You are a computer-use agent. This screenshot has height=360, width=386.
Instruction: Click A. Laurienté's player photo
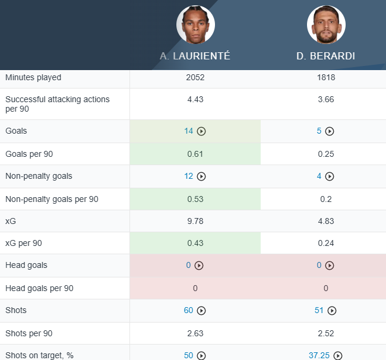[195, 25]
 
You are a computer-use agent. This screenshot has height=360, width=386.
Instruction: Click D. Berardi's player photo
[326, 25]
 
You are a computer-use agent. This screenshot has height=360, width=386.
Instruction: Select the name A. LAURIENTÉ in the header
[195, 56]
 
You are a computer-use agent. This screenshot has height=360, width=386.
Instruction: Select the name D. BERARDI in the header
[325, 56]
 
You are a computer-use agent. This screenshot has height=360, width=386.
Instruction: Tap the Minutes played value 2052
[195, 78]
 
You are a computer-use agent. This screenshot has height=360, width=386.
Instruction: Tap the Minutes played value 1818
[325, 78]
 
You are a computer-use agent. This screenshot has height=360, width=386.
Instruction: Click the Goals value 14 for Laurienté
[189, 131]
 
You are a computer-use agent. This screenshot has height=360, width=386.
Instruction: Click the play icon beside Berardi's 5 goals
[330, 131]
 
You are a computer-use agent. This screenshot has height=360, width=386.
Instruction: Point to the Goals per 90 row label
[29, 154]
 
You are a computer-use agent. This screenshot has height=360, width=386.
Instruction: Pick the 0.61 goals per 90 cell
[195, 154]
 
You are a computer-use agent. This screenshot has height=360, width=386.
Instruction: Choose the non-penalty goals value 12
[189, 176]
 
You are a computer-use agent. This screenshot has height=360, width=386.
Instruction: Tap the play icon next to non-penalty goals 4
[330, 176]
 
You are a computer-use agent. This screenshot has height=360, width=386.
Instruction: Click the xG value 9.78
[195, 221]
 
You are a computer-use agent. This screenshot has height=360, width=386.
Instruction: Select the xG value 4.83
[325, 221]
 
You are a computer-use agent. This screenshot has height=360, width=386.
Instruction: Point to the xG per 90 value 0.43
[195, 243]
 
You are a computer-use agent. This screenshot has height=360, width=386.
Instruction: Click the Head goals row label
[26, 266]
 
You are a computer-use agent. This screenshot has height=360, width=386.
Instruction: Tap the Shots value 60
[189, 310]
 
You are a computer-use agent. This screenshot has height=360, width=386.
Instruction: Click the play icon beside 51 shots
[332, 310]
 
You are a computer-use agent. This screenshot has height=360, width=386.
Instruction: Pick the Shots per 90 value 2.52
[325, 333]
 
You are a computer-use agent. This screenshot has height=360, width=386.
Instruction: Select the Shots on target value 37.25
[319, 355]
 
